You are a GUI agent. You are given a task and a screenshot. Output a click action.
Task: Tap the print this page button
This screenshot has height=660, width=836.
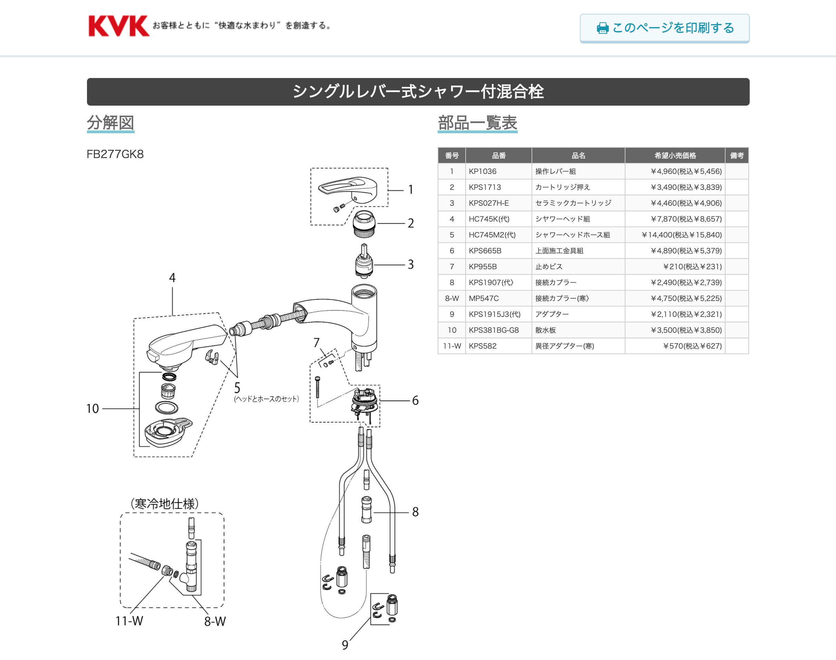pyautogui.click(x=664, y=28)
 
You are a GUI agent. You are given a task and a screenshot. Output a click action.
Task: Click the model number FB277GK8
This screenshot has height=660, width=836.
pyautogui.click(x=115, y=154)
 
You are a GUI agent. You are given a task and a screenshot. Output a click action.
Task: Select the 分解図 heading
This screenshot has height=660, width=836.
pyautogui.click(x=110, y=123)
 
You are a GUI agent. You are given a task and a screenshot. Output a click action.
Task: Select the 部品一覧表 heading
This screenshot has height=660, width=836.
pyautogui.click(x=477, y=123)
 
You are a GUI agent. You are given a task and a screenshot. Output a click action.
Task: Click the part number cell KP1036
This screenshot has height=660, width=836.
pyautogui.click(x=483, y=171)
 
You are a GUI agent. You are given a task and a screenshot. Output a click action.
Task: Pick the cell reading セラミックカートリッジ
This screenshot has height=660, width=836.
pyautogui.click(x=573, y=203)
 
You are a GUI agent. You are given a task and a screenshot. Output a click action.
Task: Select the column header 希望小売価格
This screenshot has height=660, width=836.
pyautogui.click(x=674, y=155)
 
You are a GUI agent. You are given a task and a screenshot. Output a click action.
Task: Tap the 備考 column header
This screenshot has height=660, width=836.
pyautogui.click(x=736, y=155)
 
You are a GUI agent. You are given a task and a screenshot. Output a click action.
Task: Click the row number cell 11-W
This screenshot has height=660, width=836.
pyautogui.click(x=451, y=346)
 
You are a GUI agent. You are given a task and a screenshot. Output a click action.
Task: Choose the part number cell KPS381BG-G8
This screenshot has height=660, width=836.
pyautogui.click(x=494, y=330)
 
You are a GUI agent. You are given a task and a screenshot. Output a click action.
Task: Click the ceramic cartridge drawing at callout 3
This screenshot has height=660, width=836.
pyautogui.click(x=364, y=261)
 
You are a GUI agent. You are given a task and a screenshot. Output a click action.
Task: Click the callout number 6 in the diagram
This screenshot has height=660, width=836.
pyautogui.click(x=415, y=400)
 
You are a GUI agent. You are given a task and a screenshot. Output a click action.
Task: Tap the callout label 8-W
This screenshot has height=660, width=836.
pyautogui.click(x=215, y=621)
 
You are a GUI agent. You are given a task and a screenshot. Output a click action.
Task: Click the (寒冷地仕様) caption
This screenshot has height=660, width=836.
pyautogui.click(x=165, y=504)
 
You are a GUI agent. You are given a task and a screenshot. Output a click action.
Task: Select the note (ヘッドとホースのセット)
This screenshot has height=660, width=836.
pyautogui.click(x=266, y=399)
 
